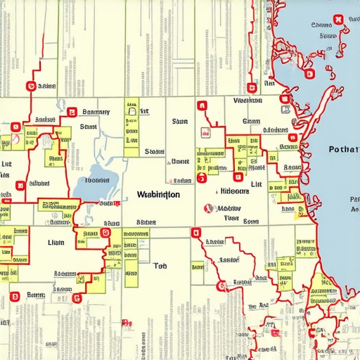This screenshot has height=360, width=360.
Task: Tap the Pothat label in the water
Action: pos(343,150)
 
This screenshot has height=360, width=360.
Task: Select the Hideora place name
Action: pos(235,191)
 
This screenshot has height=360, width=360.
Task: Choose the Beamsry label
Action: pos(96,112)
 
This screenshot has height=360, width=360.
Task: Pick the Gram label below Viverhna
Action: pos(251,121)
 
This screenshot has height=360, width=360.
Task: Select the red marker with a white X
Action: pos(338,19)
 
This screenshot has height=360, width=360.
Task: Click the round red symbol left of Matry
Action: pos(207,208)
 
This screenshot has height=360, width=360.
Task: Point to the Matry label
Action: pos(229,208)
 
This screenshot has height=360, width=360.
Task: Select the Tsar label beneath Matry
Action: pos(231,219)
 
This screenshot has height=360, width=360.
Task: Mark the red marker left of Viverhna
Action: pos(202,106)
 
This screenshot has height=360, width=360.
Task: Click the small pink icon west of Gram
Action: pos(205,131)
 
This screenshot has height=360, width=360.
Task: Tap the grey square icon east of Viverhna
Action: pos(285,109)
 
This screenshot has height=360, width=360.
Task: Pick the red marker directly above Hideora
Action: pos(202,179)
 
